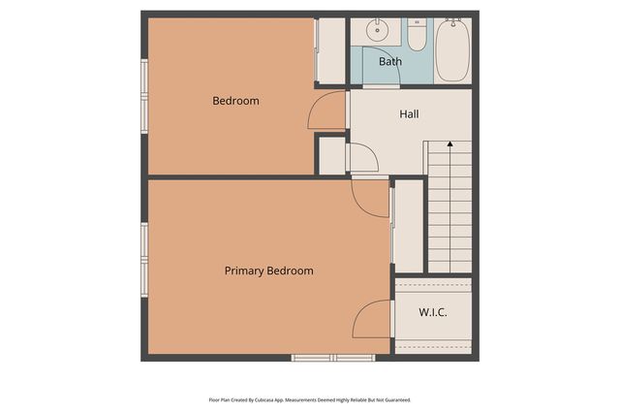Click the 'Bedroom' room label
pyautogui.click(x=235, y=101)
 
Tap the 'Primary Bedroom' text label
pyautogui.click(x=268, y=271)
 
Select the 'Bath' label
pyautogui.click(x=389, y=62)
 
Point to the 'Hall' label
pyautogui.click(x=409, y=114)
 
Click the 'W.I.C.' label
pyautogui.click(x=432, y=313)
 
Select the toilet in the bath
pyautogui.click(x=417, y=37)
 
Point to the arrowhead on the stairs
pyautogui.click(x=449, y=144)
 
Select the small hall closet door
pyautogui.click(x=361, y=159)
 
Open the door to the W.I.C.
pyautogui.click(x=373, y=320)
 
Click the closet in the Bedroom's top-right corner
pyautogui.click(x=332, y=50)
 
